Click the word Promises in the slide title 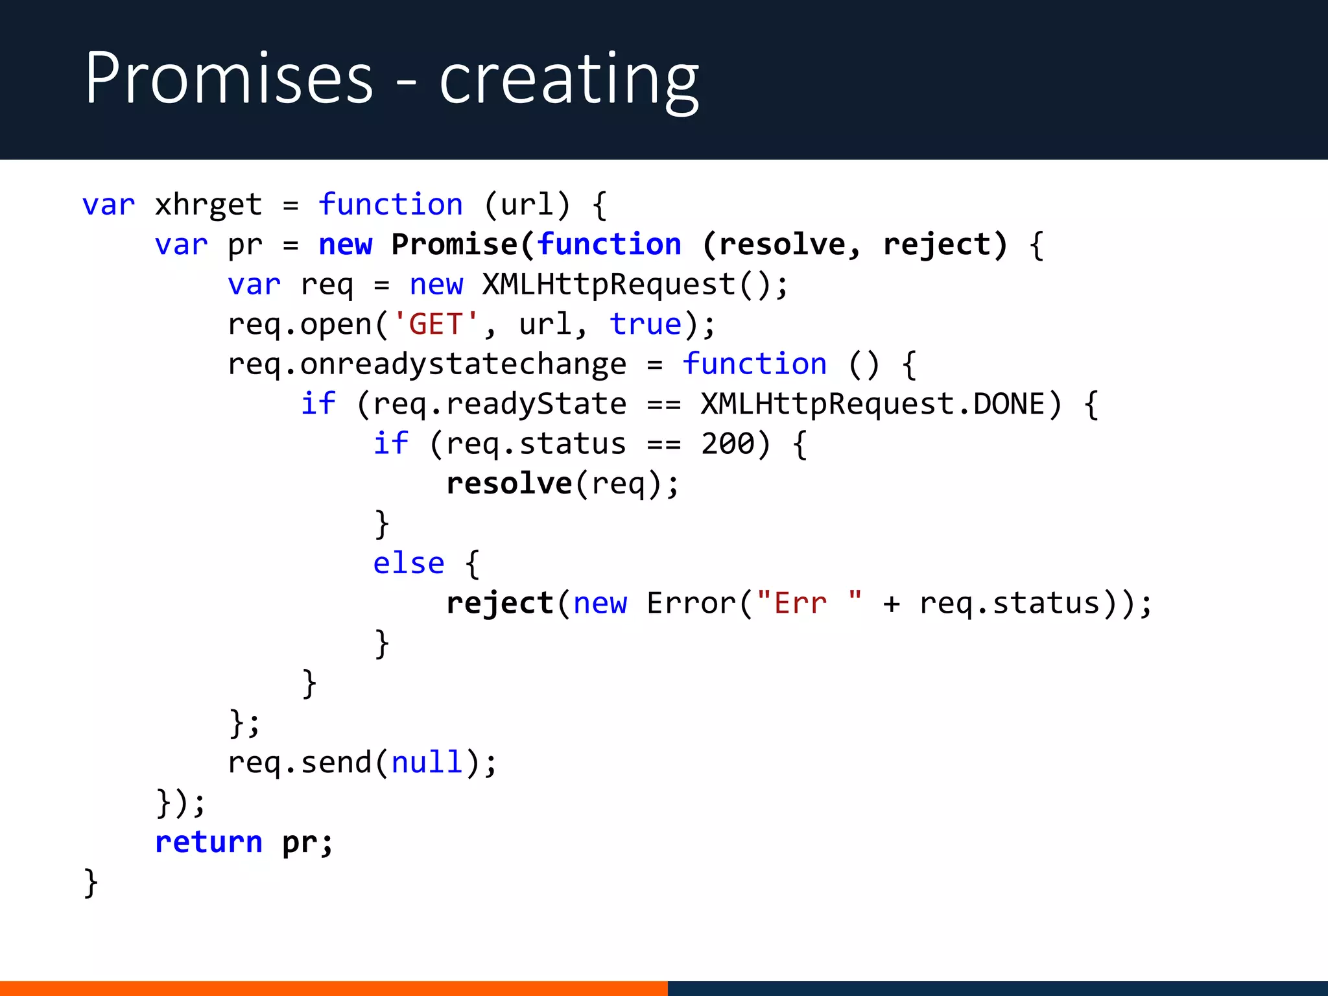pyautogui.click(x=229, y=79)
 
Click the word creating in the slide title pyautogui.click(x=569, y=80)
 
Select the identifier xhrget pyautogui.click(x=208, y=205)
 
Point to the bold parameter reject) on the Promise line pyautogui.click(x=945, y=244)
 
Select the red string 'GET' pyautogui.click(x=436, y=324)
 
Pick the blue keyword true pyautogui.click(x=645, y=324)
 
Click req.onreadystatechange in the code pyautogui.click(x=427, y=364)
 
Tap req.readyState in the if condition pyautogui.click(x=499, y=404)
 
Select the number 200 pyautogui.click(x=728, y=444)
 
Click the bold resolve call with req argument pyautogui.click(x=509, y=484)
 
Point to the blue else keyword pyautogui.click(x=409, y=563)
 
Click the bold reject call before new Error pyautogui.click(x=499, y=603)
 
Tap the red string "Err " pyautogui.click(x=809, y=603)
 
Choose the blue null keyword pyautogui.click(x=427, y=763)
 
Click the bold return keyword pyautogui.click(x=209, y=842)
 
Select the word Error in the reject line pyautogui.click(x=691, y=603)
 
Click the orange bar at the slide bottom pyautogui.click(x=333, y=988)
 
